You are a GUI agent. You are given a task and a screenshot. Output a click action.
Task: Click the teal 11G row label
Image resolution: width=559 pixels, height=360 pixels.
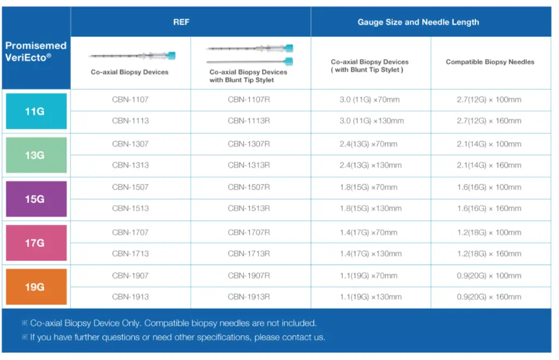coord(36,111)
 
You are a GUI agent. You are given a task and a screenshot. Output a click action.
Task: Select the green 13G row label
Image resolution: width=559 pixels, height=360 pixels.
coord(36,155)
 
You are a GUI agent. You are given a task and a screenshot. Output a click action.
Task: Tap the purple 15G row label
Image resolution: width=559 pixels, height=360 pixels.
coord(36,199)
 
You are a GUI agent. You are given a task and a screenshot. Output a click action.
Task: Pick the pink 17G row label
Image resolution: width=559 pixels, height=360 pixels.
coord(36,243)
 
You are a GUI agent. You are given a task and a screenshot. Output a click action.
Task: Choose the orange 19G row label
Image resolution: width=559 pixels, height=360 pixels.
coord(36,286)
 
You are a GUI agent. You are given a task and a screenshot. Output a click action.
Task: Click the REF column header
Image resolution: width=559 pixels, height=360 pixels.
coord(181,22)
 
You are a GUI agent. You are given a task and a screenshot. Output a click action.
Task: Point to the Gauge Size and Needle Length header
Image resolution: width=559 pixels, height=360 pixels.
coord(418,22)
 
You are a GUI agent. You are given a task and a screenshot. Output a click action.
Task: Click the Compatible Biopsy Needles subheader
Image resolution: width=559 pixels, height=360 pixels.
coord(490,62)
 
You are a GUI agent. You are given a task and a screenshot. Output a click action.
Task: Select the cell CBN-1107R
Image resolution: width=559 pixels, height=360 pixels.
coord(249,100)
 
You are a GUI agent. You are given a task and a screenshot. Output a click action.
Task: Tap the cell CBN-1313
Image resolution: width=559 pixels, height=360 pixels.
coord(130,165)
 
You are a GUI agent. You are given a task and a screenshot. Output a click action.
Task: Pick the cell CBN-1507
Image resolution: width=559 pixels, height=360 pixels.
coord(130,187)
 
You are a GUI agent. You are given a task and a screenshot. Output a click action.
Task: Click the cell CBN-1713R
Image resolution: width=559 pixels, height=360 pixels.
coord(249,254)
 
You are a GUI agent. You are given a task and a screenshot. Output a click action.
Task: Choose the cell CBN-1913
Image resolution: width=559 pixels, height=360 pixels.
coord(130,297)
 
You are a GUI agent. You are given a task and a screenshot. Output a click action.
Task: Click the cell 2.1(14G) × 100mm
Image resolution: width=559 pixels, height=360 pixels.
coord(489,144)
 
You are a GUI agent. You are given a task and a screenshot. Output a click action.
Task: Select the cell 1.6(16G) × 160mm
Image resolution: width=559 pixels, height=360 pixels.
coord(489,209)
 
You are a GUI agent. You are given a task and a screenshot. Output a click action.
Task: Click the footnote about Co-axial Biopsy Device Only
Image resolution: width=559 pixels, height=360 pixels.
coord(169,323)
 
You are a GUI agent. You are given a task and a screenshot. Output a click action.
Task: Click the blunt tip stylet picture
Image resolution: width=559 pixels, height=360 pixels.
coord(249,61)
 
